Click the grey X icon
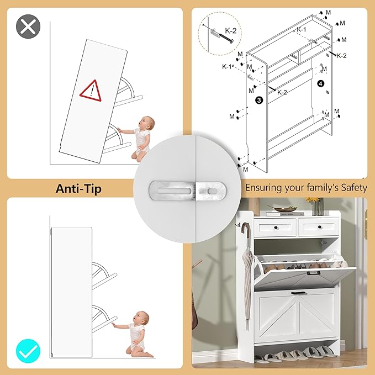tap(28, 27)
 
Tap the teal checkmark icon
tap(28, 351)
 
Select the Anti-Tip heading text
tap(78, 188)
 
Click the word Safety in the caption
tap(354, 188)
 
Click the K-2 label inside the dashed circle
tap(231, 30)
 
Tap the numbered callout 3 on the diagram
tap(259, 100)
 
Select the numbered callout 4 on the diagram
tap(321, 83)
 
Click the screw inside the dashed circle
tap(225, 38)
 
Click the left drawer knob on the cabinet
tap(276, 228)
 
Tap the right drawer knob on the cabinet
tap(320, 227)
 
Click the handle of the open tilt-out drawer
tap(314, 273)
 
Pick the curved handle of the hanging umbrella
tap(245, 229)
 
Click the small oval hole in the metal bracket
tap(212, 191)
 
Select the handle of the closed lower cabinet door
tap(298, 293)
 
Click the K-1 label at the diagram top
tap(302, 29)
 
